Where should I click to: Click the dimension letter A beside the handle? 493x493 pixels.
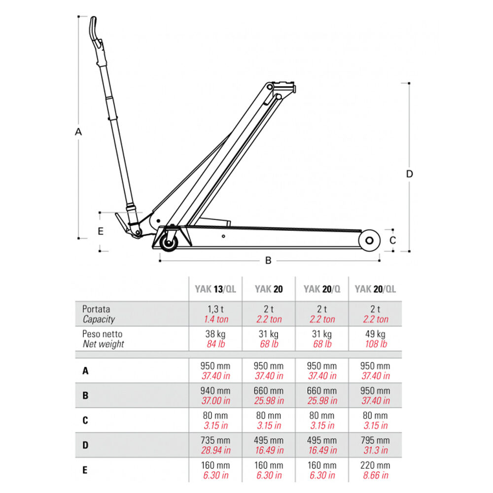[78, 132]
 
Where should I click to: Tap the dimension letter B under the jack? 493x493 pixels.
[268, 261]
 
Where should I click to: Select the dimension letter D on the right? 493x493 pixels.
[409, 174]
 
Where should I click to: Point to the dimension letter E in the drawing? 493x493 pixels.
[101, 231]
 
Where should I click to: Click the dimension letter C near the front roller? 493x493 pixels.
[393, 241]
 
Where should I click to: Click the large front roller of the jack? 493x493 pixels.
[369, 241]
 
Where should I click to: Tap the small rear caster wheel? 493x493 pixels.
[169, 243]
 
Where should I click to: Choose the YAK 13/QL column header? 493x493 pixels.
[215, 289]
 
